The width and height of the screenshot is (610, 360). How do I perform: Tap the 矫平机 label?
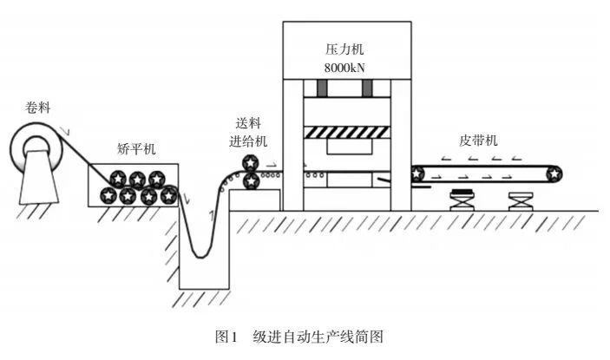coord(134,149)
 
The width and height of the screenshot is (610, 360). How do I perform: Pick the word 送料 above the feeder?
coord(248,124)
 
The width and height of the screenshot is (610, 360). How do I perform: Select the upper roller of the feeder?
coord(250,163)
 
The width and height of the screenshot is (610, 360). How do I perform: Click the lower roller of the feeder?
coord(250,180)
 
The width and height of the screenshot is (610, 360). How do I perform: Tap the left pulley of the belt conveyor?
coord(418,173)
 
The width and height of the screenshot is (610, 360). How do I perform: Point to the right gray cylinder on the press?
coord(367,88)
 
